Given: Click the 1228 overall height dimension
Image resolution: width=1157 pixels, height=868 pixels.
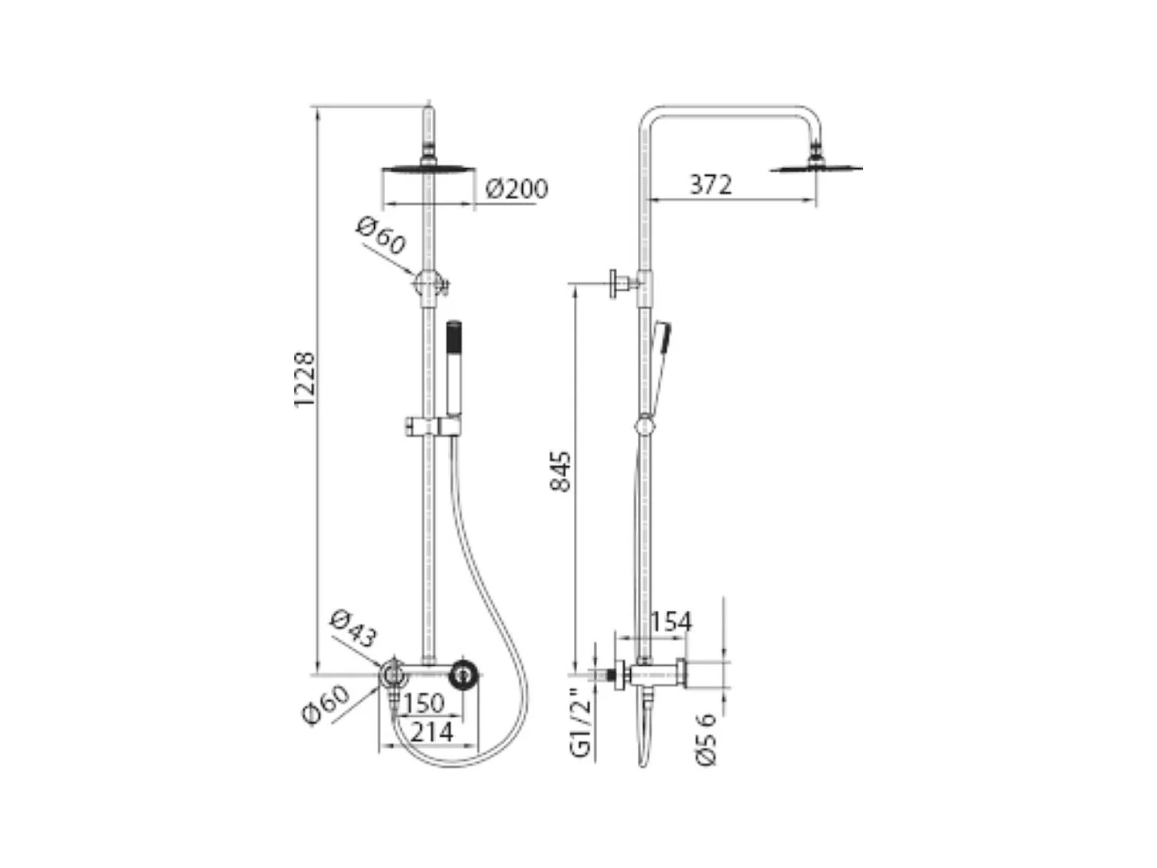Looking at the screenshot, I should point(305,379).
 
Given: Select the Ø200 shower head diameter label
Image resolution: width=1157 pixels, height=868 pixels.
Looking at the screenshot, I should point(517,188).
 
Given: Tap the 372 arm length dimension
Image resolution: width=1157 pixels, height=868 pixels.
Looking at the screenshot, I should point(710,184).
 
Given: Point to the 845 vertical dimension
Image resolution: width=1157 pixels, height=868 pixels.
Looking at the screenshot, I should point(561,471).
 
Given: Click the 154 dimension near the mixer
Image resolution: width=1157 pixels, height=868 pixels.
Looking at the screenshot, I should point(670,621).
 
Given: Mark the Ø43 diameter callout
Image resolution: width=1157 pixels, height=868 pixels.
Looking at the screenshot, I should point(353,628).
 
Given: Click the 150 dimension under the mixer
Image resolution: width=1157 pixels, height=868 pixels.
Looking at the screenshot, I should point(423,703).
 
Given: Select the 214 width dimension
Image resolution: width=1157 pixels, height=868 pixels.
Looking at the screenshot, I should point(430,731).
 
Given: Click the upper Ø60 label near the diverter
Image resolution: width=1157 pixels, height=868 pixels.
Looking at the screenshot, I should point(381,235).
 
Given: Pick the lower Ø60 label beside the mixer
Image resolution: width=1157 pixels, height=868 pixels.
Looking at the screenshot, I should point(326,705).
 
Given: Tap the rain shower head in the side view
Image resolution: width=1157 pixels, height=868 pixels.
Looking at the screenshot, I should point(816,165).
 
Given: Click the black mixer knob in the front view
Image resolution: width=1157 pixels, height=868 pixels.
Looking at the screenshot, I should point(464,674).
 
